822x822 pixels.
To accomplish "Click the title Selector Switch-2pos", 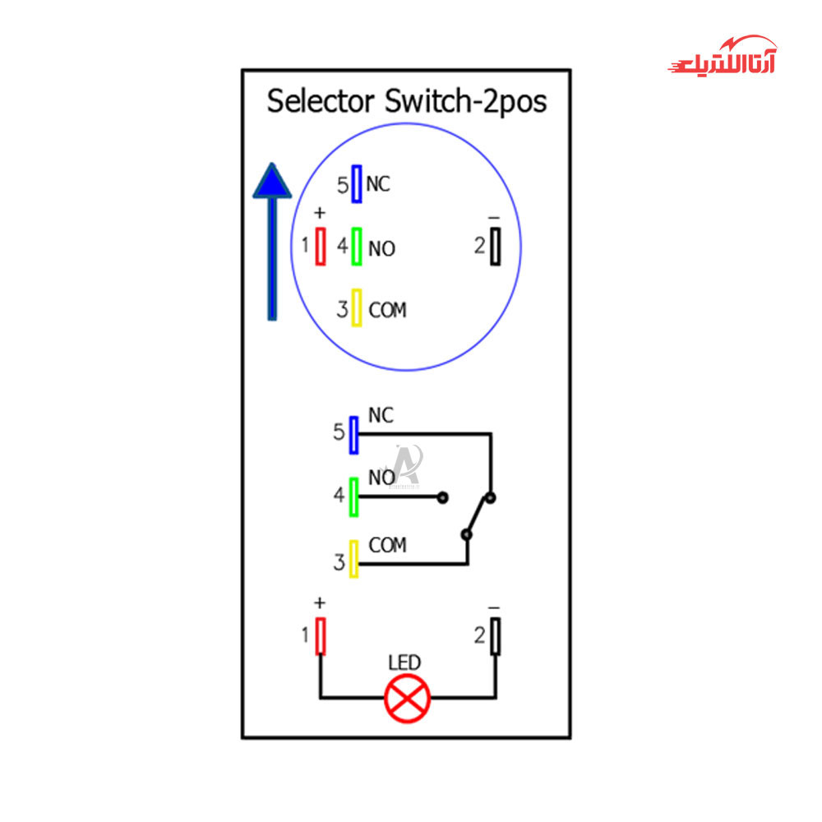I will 407,102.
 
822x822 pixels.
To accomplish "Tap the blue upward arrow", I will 272,238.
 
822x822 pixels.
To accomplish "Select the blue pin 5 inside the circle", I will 357,184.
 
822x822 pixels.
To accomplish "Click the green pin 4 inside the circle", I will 357,247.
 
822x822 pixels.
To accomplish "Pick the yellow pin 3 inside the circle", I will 357,308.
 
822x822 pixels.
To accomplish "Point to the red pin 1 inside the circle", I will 321,246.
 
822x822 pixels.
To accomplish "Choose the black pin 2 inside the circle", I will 496,246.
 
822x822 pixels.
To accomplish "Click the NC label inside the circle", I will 379,184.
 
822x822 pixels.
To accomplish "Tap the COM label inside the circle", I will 387,310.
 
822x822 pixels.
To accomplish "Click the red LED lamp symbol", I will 408,699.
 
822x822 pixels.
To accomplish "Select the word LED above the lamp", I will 404,663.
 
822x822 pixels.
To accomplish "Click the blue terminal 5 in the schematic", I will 353,435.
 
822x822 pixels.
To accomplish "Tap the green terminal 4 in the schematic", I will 353,496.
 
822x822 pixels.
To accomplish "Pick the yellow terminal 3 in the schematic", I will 353,559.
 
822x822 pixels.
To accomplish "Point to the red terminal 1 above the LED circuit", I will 321,635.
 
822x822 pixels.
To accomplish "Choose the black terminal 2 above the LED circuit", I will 496,635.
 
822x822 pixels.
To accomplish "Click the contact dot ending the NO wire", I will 443,497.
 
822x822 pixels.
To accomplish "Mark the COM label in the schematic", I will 387,545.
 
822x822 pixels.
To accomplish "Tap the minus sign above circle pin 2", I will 494,218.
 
